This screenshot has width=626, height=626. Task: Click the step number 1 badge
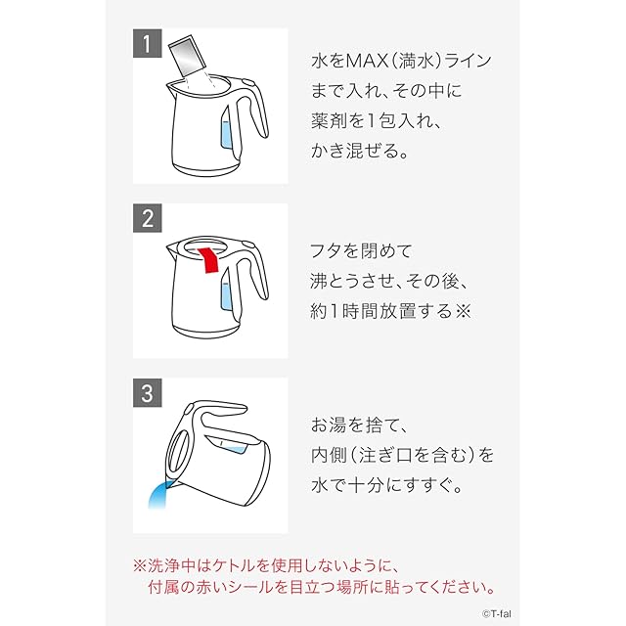pyautogui.click(x=148, y=43)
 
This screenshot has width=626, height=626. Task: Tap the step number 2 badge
pyautogui.click(x=148, y=218)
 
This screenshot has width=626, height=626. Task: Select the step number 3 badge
pyautogui.click(x=148, y=393)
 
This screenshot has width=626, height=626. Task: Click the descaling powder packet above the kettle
pyautogui.click(x=187, y=56)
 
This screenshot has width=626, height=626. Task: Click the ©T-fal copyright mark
pyautogui.click(x=496, y=614)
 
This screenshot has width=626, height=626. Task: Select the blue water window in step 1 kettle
pyautogui.click(x=227, y=133)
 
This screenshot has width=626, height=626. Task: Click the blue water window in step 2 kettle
pyautogui.click(x=227, y=294)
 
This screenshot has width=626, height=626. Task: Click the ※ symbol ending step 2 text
pyautogui.click(x=463, y=311)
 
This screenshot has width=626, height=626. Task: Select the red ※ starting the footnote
pyautogui.click(x=140, y=565)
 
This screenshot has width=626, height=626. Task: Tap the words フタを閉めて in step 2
pyautogui.click(x=361, y=251)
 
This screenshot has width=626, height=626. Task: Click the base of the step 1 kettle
pyautogui.click(x=206, y=168)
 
